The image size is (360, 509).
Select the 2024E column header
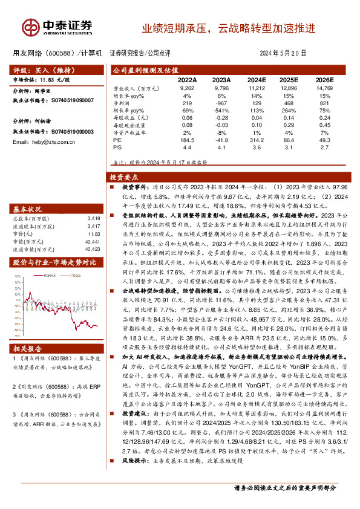[257, 79]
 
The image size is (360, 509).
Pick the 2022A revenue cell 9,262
[187, 88]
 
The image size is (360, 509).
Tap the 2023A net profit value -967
[221, 103]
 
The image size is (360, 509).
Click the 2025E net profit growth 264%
[291, 110]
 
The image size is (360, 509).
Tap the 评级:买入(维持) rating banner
[38, 70]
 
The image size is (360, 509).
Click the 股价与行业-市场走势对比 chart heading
[54, 262]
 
